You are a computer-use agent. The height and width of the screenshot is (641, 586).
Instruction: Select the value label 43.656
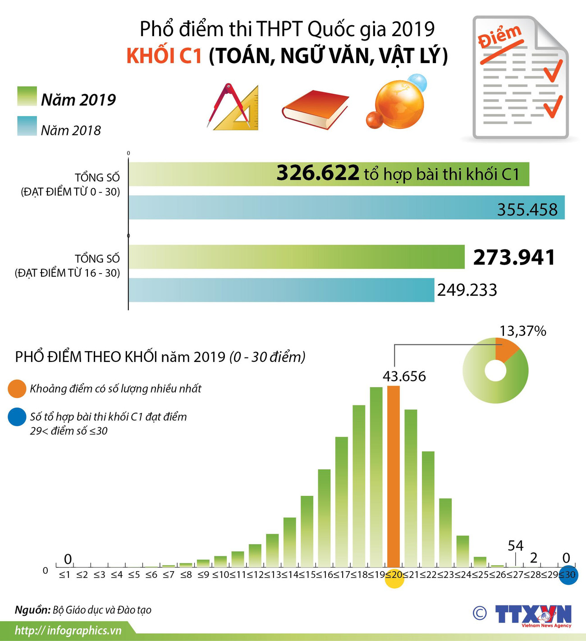[404, 376]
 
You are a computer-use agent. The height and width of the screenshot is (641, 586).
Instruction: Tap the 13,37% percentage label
[522, 331]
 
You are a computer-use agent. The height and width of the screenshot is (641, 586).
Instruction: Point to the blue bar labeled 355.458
[316, 207]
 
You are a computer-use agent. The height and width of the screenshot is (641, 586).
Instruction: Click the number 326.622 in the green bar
[318, 173]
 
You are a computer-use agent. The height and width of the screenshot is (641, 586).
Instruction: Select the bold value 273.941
[514, 257]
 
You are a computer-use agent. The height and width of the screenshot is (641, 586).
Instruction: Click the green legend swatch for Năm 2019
[27, 96]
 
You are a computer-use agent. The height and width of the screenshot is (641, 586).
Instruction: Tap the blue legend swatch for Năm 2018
[27, 126]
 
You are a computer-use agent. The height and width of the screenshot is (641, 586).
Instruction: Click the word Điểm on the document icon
[499, 36]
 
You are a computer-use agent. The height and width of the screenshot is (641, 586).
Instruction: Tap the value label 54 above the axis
[515, 546]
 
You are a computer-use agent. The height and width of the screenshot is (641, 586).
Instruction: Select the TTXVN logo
[533, 615]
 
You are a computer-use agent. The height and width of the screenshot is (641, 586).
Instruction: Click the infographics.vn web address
[68, 630]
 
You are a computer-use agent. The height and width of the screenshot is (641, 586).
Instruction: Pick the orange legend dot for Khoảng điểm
[17, 389]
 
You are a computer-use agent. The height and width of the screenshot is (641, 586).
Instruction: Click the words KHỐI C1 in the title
[164, 56]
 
